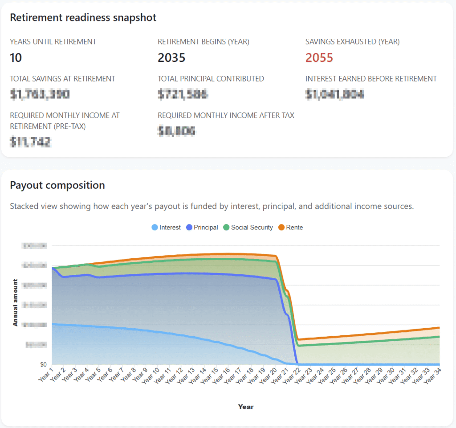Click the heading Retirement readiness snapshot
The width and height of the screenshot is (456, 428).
(83, 18)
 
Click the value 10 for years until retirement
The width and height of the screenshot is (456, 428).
(16, 58)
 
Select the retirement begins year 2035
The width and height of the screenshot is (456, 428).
(171, 58)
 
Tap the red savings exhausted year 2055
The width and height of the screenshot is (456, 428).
(319, 58)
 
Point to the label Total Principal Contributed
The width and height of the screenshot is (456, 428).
(211, 79)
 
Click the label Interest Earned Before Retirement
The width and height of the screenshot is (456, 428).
(371, 79)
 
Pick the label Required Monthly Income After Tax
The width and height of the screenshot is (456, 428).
(226, 115)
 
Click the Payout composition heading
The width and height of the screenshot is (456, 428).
(57, 185)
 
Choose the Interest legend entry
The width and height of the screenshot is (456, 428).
(166, 228)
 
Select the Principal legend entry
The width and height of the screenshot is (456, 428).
(202, 228)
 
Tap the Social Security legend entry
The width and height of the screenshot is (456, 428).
(248, 228)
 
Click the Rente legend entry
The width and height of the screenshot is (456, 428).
(290, 228)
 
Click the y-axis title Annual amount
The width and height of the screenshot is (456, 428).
(16, 302)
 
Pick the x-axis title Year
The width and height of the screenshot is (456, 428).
(246, 407)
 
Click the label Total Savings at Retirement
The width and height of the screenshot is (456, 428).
(62, 79)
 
